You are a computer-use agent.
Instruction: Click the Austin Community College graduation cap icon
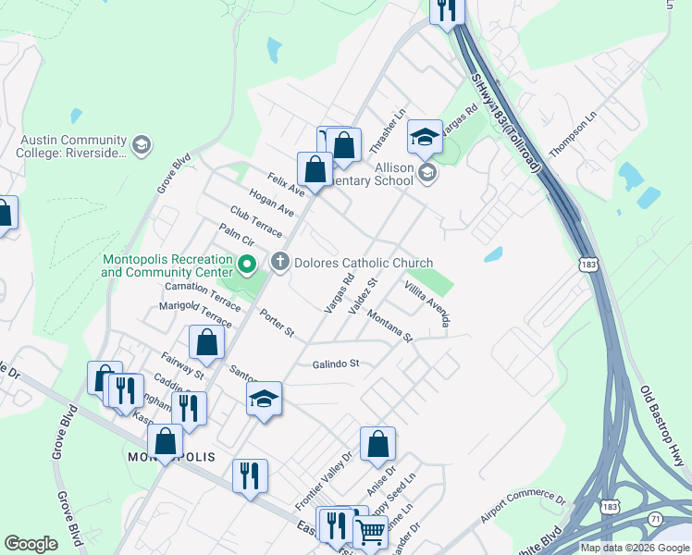click(141, 144)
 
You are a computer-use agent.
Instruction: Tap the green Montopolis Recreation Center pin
click(247, 266)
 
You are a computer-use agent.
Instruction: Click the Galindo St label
click(334, 364)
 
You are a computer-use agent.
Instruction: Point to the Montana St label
click(389, 327)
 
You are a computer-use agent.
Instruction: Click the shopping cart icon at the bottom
click(371, 532)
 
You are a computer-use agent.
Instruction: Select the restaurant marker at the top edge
click(448, 10)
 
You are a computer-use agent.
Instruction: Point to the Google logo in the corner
click(31, 544)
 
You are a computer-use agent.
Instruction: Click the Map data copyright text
click(635, 548)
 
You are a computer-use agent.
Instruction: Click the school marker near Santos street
click(264, 399)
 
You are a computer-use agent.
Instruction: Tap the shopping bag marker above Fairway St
click(206, 343)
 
